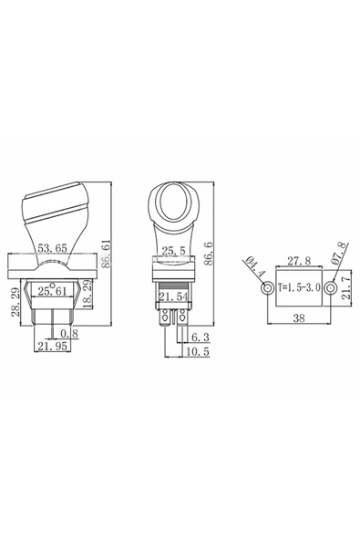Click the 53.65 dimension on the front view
(52, 248)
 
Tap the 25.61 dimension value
(52, 291)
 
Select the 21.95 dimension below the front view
(52, 348)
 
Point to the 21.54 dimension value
(174, 297)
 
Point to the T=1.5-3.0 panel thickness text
(298, 289)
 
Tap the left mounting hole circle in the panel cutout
(267, 289)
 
